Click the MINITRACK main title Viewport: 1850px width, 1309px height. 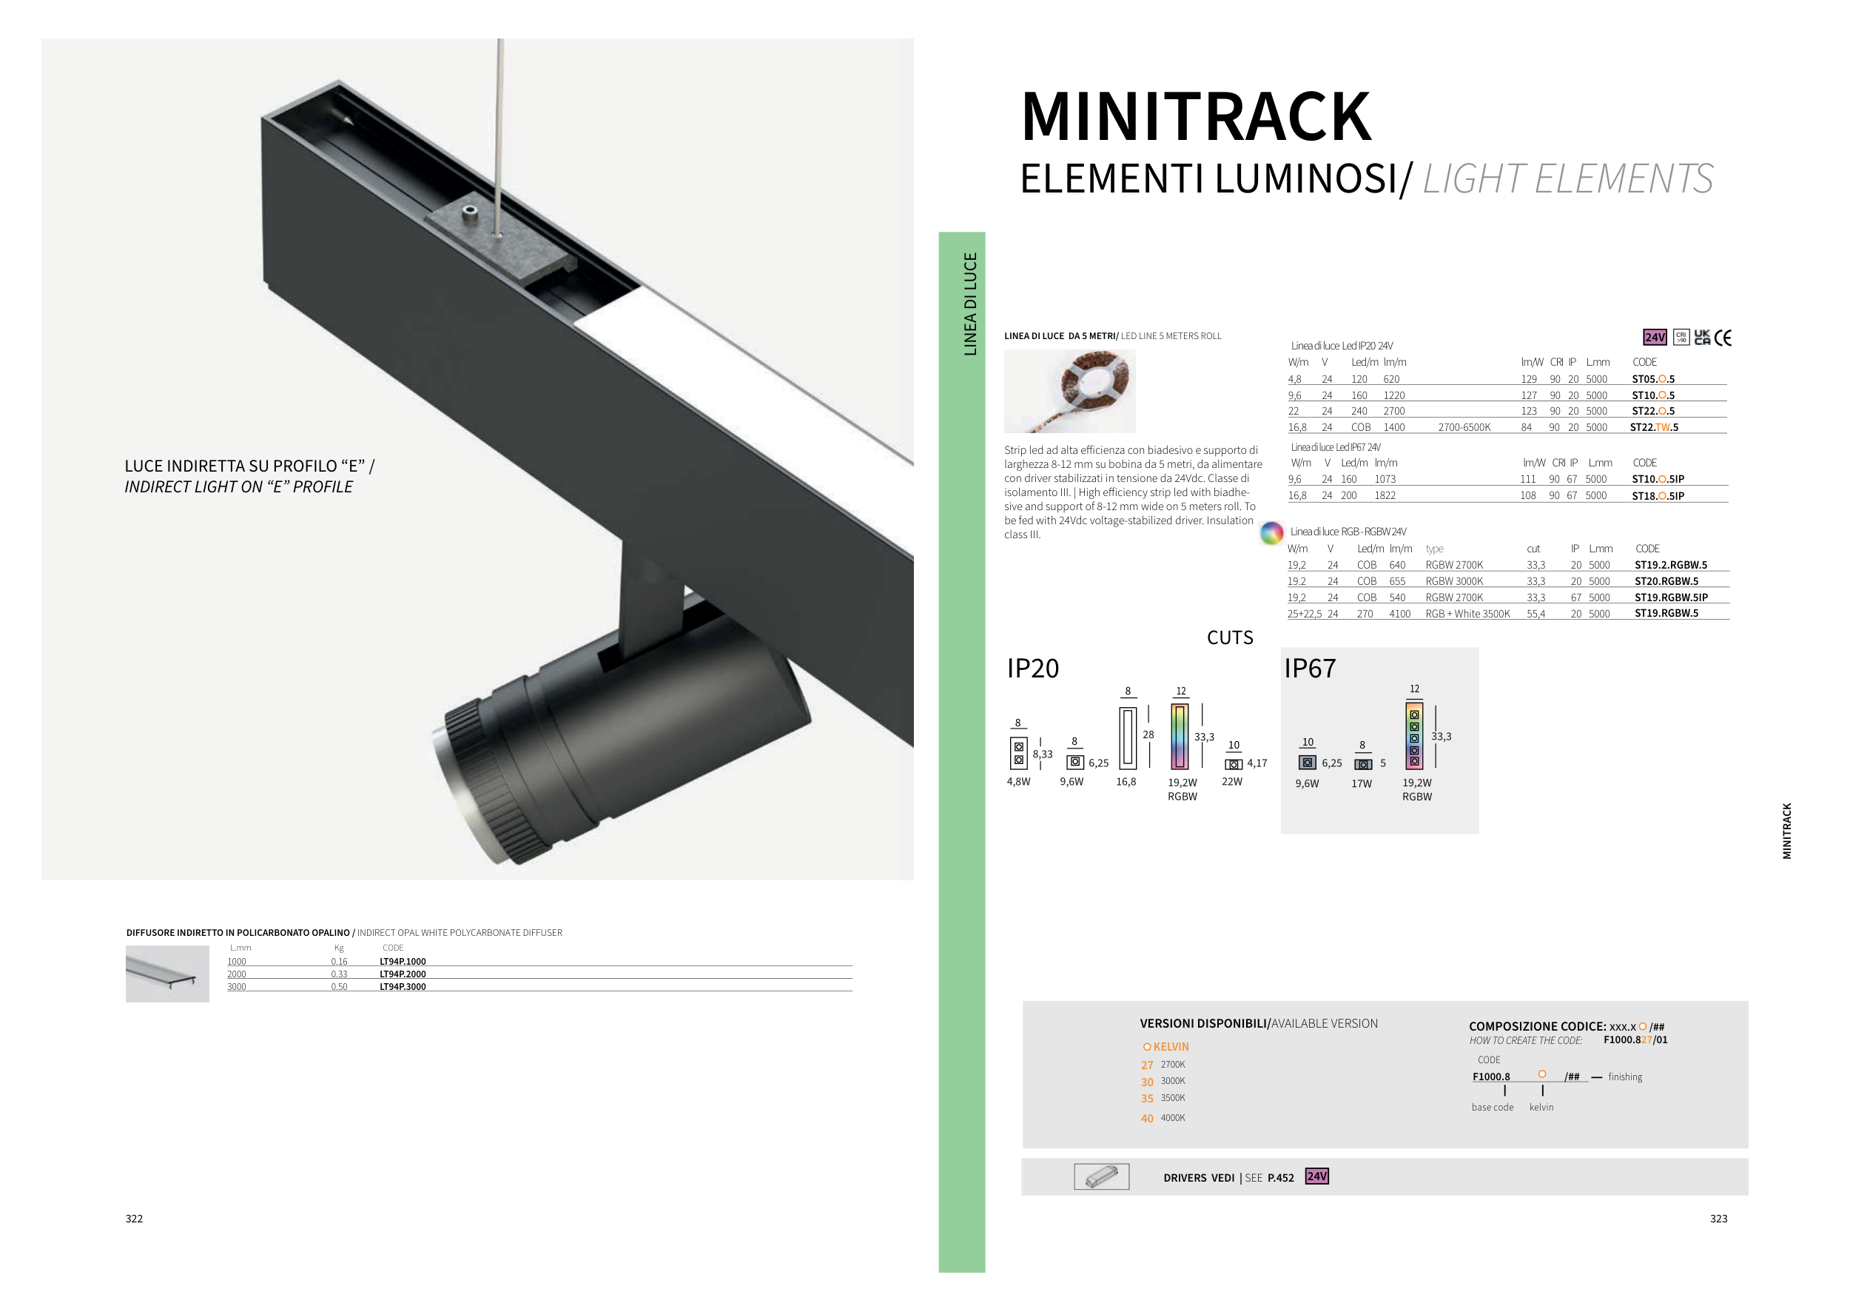pos(1196,117)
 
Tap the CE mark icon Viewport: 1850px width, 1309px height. pos(1723,338)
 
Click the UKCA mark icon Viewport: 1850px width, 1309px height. pos(1702,337)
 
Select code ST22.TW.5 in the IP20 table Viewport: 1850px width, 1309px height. pos(1654,427)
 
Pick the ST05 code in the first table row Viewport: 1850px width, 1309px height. pos(1653,379)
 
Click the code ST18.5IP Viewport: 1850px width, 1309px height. pos(1658,496)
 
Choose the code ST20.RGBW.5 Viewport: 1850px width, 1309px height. pos(1666,581)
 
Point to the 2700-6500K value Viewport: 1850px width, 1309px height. pos(1464,427)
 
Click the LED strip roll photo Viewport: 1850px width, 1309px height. pos(1069,391)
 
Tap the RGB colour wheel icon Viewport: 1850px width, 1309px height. pos(1271,532)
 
